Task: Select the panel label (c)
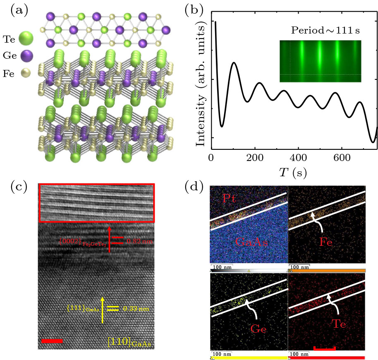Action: coord(19,187)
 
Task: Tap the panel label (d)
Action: coord(194,187)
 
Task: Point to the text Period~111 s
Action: coord(320,31)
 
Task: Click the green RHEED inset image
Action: coord(320,61)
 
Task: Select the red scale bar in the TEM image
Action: coord(52,341)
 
